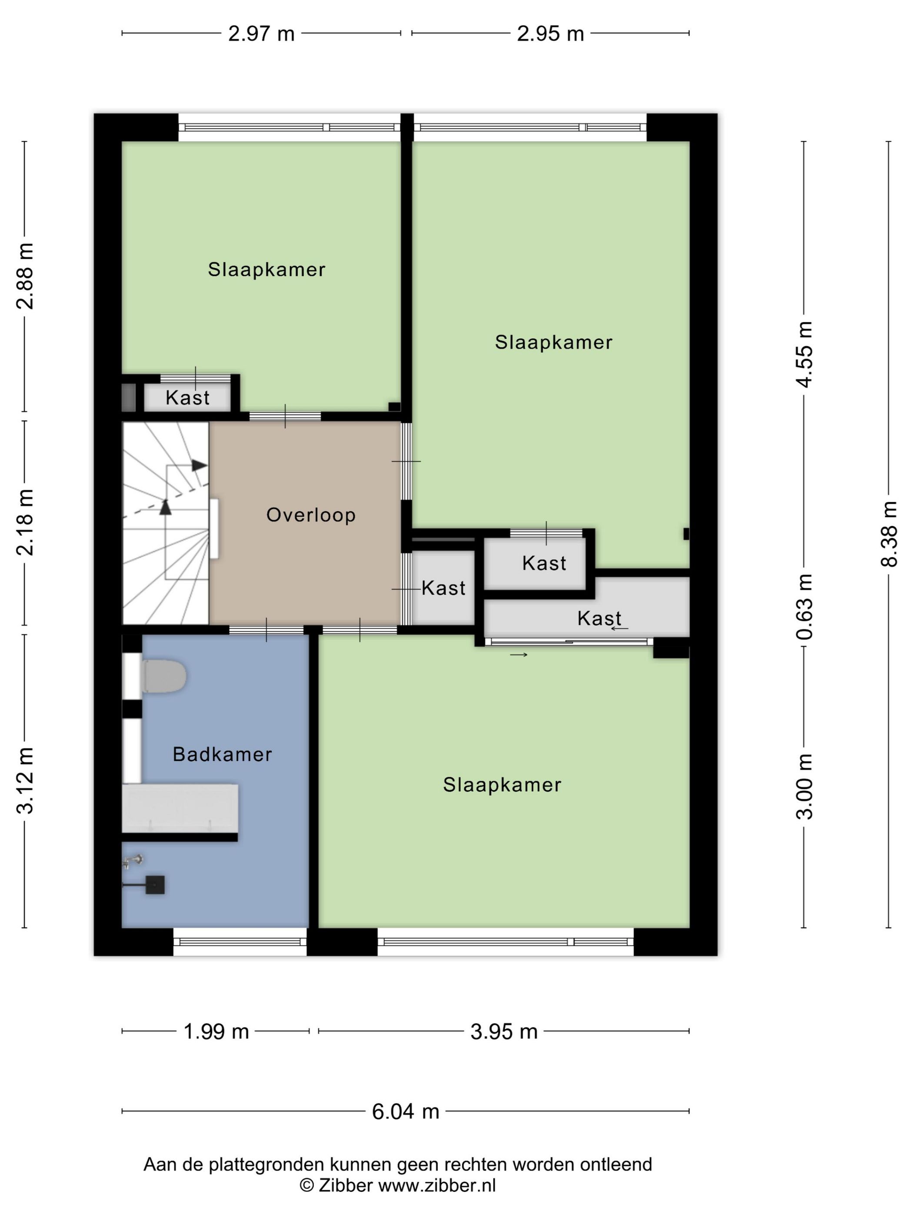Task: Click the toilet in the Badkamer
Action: pos(164,676)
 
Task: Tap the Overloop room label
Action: pos(311,515)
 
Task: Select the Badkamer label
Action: pos(222,754)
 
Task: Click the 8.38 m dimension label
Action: pos(889,533)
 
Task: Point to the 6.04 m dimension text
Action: pos(406,1111)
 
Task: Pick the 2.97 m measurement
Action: pos(261,34)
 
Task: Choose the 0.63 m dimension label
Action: pos(804,607)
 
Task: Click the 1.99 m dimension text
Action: pos(216,1031)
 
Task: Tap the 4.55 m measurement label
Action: pos(804,355)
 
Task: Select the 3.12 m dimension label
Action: pos(26,781)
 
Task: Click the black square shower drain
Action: pos(155,884)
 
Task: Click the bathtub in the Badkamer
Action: pos(180,808)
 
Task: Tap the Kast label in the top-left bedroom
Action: pos(188,398)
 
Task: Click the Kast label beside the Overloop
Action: pos(443,588)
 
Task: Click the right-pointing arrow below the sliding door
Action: pos(519,655)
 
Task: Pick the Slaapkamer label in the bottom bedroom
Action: pos(502,785)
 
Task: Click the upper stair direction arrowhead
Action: pos(200,465)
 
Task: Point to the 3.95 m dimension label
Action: pos(504,1031)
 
